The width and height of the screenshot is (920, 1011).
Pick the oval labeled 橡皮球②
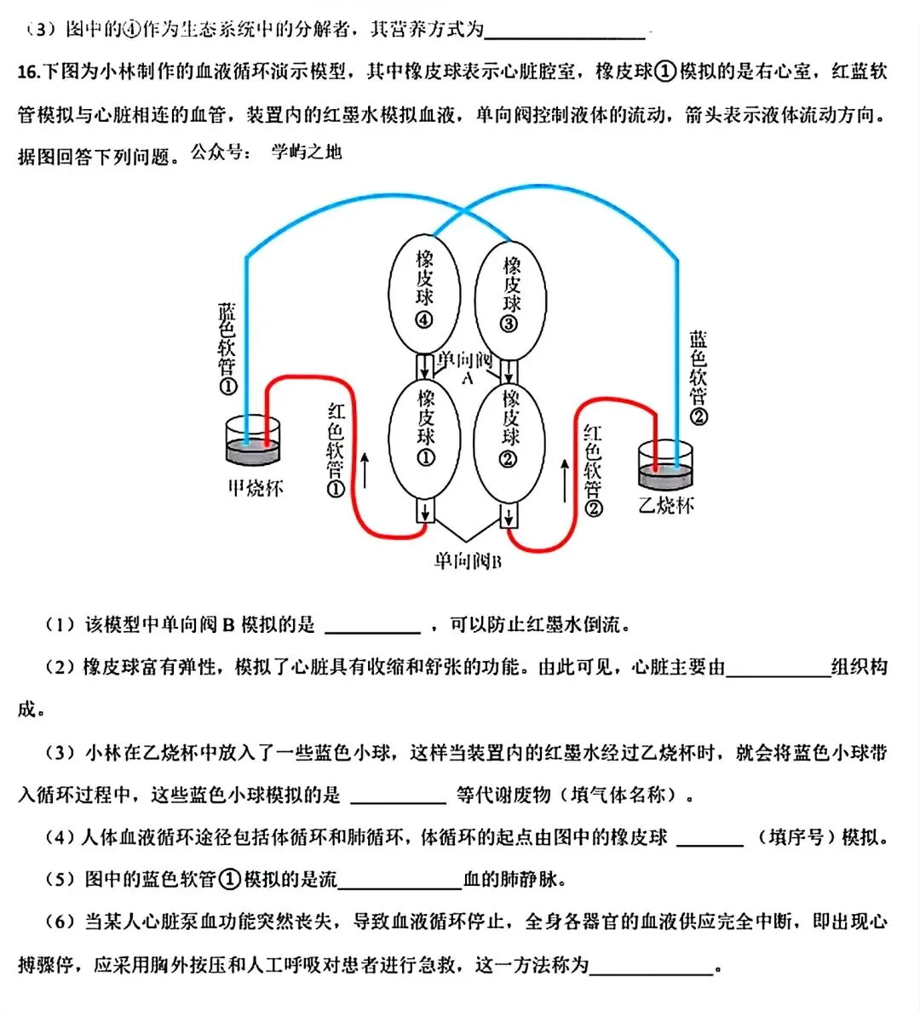click(509, 442)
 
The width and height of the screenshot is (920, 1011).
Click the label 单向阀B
click(467, 560)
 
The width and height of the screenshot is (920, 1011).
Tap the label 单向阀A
click(465, 367)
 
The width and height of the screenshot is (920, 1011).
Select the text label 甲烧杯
click(255, 489)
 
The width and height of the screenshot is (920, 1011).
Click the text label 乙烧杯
click(666, 505)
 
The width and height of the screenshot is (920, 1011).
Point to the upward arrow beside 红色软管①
click(365, 470)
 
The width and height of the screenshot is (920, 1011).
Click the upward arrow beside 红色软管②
click(565, 480)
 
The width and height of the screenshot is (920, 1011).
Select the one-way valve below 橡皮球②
click(509, 514)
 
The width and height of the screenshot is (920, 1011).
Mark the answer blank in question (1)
click(373, 626)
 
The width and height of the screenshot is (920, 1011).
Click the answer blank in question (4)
click(710, 838)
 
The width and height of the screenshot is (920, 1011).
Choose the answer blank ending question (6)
click(652, 966)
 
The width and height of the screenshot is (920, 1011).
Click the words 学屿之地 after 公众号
click(306, 152)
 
